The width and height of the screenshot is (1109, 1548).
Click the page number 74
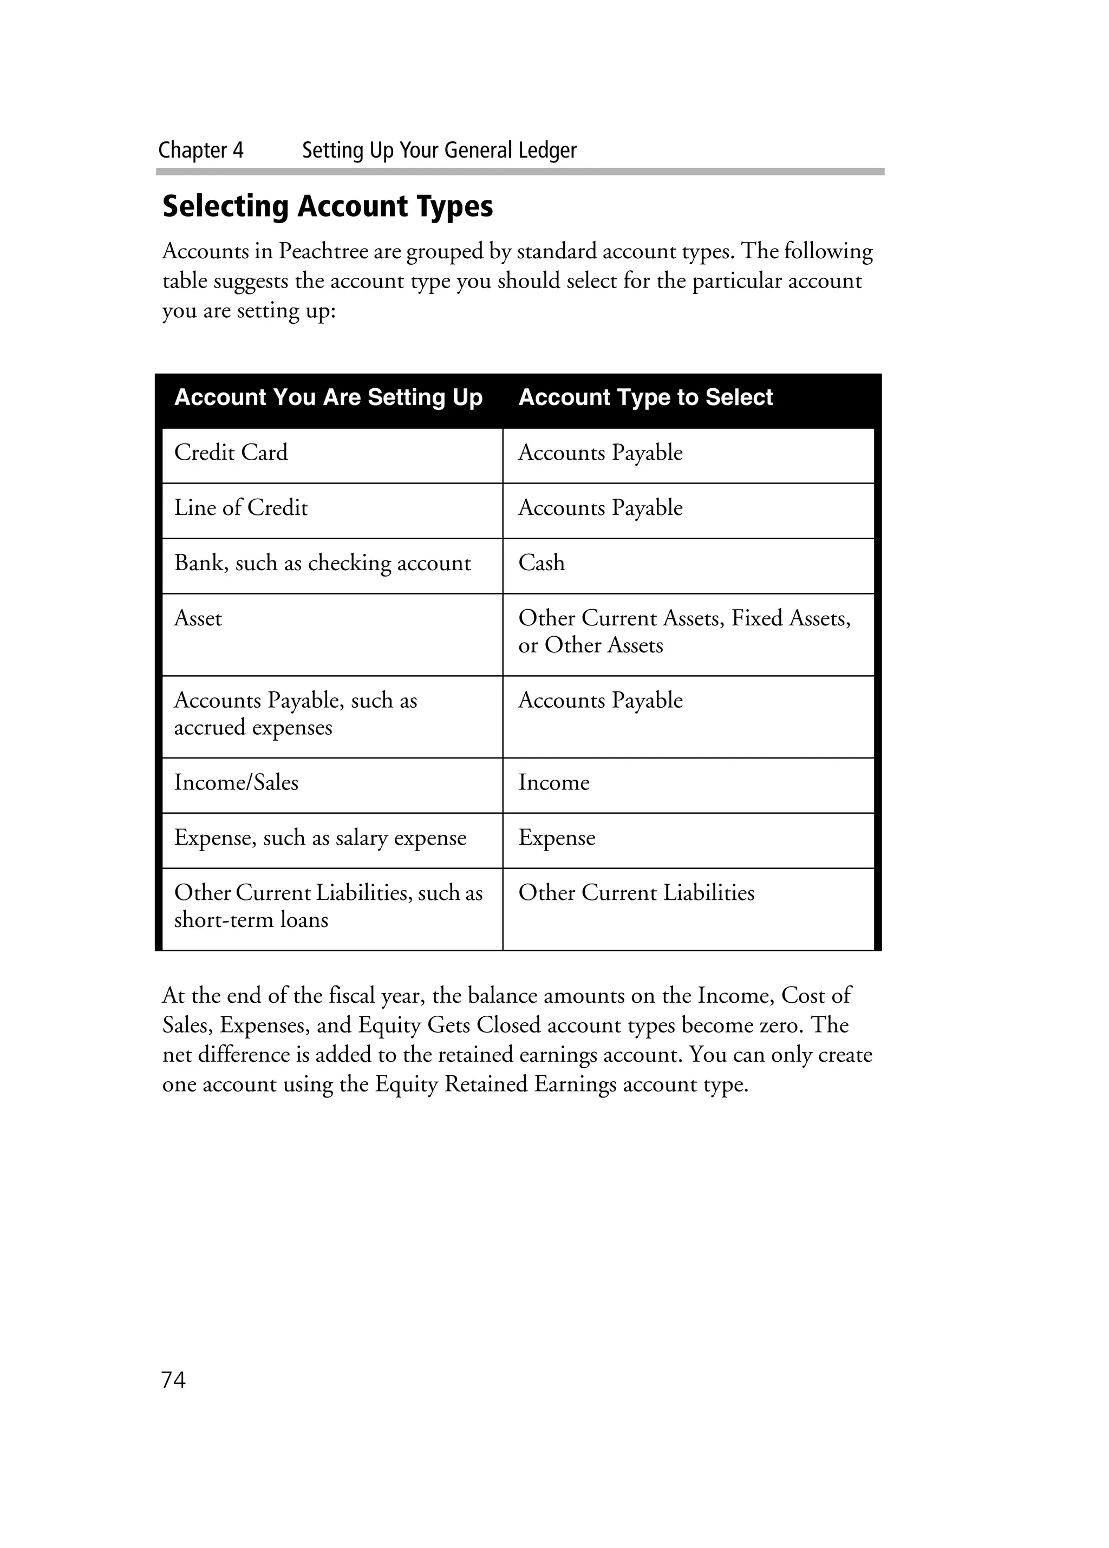pyautogui.click(x=173, y=1380)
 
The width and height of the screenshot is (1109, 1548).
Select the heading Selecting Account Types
pyautogui.click(x=328, y=206)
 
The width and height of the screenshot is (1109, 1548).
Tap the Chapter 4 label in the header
pyautogui.click(x=201, y=150)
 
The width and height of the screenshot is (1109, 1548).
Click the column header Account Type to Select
pyautogui.click(x=645, y=397)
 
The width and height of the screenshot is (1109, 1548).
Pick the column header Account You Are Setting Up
pyautogui.click(x=328, y=397)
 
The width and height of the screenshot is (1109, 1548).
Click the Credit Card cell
pyautogui.click(x=231, y=453)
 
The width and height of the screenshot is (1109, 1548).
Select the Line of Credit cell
pyautogui.click(x=241, y=508)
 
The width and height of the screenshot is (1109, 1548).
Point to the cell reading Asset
pyautogui.click(x=198, y=618)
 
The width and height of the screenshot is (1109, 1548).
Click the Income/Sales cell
pyautogui.click(x=236, y=782)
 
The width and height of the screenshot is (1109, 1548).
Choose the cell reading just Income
pyautogui.click(x=553, y=782)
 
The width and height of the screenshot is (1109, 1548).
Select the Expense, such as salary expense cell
pyautogui.click(x=320, y=838)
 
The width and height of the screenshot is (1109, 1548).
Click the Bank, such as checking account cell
pyautogui.click(x=322, y=563)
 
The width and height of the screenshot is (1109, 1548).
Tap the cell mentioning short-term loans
pyautogui.click(x=328, y=906)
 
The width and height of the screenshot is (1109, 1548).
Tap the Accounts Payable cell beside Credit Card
pyautogui.click(x=600, y=453)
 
